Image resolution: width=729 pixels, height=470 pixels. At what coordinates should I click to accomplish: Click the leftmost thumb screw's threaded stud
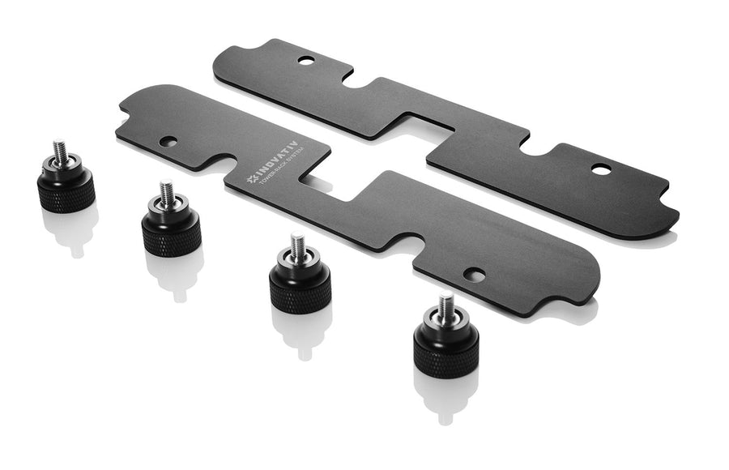point(59,152)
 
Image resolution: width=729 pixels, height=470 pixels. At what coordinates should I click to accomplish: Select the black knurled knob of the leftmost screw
point(66,190)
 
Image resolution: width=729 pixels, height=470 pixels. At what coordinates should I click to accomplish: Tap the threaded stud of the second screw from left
point(166,192)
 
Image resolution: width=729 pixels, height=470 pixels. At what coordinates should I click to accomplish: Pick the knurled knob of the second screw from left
point(171,231)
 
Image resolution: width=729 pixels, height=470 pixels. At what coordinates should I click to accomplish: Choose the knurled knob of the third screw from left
point(300,286)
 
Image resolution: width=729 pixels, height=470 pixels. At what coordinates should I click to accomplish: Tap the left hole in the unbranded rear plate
point(305,60)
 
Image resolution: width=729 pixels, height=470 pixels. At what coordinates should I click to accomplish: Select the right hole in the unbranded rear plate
point(600,169)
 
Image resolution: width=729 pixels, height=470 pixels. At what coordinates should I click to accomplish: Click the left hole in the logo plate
point(168,142)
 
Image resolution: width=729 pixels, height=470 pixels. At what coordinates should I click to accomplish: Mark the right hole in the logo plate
point(475,276)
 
